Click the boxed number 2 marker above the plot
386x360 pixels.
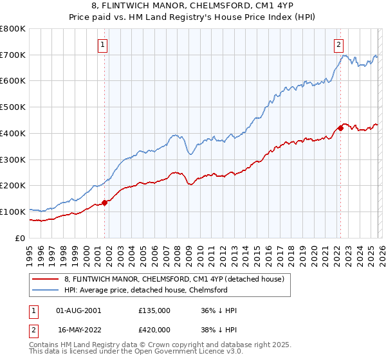click(x=338, y=44)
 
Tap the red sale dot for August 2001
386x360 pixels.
click(x=104, y=203)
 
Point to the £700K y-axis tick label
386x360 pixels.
click(x=13, y=55)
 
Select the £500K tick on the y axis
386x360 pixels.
click(x=13, y=107)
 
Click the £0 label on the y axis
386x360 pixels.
click(x=21, y=238)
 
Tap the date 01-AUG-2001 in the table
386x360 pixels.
click(x=79, y=310)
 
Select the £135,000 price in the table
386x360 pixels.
click(x=154, y=310)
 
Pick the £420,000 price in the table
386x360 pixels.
click(x=154, y=329)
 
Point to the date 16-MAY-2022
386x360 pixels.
click(x=79, y=329)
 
